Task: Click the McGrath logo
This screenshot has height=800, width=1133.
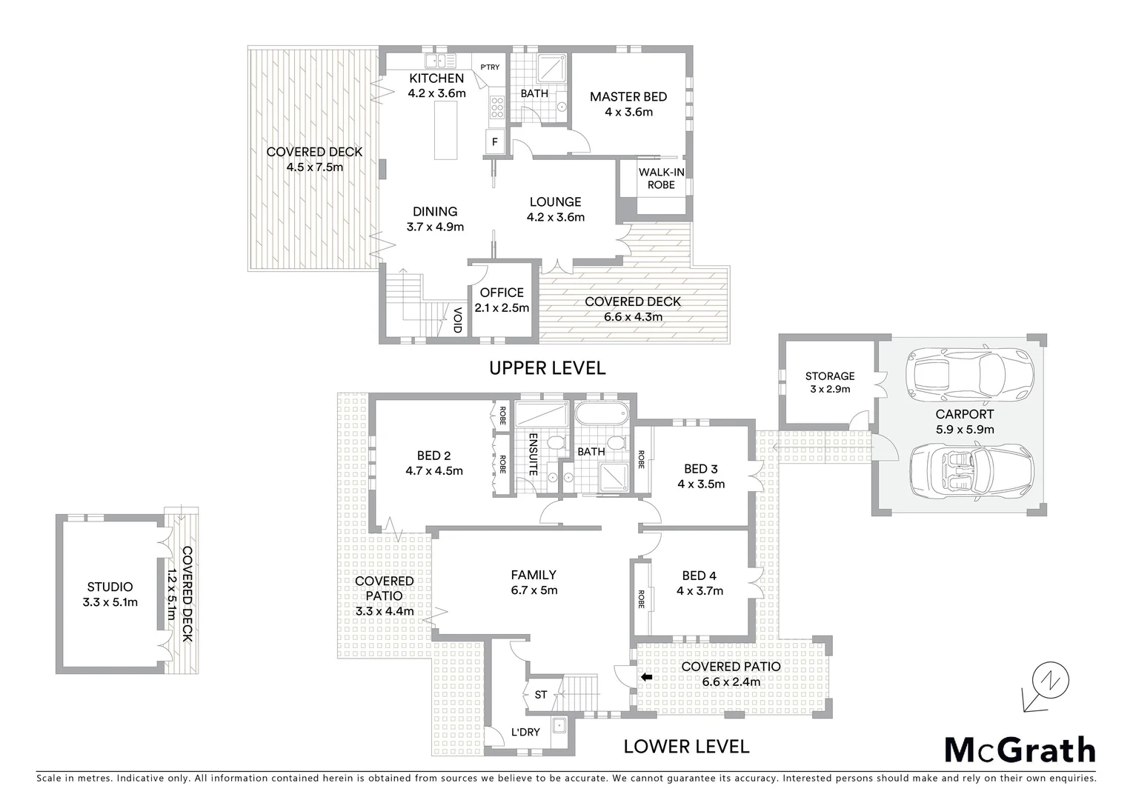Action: point(1020,750)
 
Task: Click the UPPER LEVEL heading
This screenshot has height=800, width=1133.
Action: point(548,367)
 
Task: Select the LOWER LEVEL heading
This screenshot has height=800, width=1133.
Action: point(686,746)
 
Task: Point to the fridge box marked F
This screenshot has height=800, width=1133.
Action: point(495,141)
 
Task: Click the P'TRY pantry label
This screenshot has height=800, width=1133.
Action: point(490,67)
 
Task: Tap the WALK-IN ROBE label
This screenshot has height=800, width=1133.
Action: point(661,179)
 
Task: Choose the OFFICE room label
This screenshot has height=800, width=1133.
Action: point(502,293)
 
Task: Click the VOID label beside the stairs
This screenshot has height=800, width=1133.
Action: point(458,319)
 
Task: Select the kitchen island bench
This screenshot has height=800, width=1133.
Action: point(445,131)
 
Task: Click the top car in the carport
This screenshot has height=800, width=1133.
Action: point(971,368)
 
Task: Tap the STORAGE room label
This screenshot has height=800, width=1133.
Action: point(830,376)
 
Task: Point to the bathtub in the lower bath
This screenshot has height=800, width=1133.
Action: point(601,414)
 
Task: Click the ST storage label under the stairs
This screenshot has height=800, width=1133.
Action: point(541,695)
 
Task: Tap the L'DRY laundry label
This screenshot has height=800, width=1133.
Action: point(525,732)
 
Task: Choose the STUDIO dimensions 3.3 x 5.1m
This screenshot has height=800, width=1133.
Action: point(110,602)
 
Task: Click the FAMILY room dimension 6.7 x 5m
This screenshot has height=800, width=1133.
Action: point(534,590)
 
